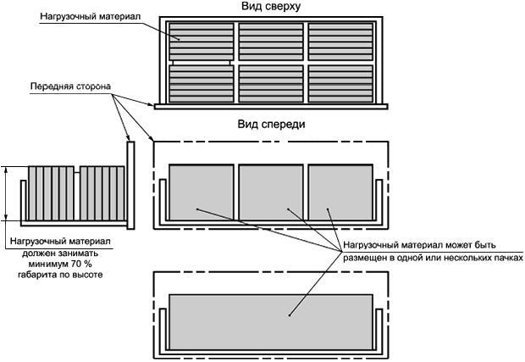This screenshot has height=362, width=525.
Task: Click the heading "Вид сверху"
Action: coord(271,7)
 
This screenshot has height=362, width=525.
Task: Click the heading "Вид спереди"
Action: coord(271,124)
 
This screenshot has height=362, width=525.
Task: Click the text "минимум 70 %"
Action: coord(59,264)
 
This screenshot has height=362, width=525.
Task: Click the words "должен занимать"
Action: coord(59,253)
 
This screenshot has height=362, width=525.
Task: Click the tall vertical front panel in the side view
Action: coord(131,183)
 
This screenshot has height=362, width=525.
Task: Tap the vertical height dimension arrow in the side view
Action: coord(8,193)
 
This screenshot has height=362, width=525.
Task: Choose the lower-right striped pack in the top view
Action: coord(340,82)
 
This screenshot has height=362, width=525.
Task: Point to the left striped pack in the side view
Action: coord(51,193)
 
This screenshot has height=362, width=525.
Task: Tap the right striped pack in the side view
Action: coord(102,193)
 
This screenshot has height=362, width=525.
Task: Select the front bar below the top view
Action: coord(270,106)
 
